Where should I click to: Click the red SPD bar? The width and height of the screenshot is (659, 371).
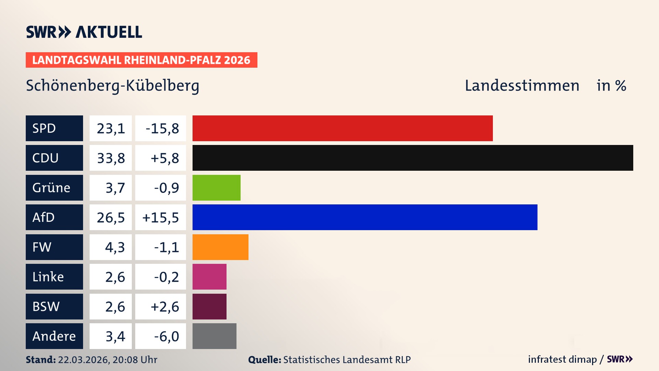click(x=343, y=128)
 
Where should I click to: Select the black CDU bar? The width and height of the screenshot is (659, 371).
click(x=413, y=158)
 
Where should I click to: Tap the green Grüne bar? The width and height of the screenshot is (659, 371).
click(x=216, y=188)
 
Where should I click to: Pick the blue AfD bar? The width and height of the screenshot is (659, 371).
click(x=365, y=217)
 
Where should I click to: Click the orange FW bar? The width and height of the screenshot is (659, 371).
click(x=220, y=247)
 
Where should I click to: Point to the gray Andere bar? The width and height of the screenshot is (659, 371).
click(x=214, y=336)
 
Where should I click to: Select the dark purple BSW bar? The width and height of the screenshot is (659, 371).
click(x=209, y=306)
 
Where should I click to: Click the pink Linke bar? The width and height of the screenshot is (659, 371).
click(x=209, y=277)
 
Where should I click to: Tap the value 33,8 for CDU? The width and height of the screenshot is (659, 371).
click(x=111, y=158)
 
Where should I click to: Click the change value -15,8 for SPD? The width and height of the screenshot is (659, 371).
click(x=162, y=128)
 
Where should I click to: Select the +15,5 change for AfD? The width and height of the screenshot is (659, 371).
click(x=161, y=217)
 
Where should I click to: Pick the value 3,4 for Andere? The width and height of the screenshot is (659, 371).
click(x=115, y=336)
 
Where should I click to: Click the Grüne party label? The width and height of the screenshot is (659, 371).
click(x=51, y=188)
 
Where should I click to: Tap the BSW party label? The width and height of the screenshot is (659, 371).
click(x=46, y=306)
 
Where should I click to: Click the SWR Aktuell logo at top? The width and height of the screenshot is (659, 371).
click(x=84, y=32)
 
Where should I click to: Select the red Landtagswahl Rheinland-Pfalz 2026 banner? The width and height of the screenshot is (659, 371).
click(x=141, y=60)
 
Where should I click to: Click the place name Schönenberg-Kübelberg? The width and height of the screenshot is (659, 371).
click(x=113, y=86)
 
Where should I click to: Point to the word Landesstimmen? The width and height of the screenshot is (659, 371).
click(x=522, y=86)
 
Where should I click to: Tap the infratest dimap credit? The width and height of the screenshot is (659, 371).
click(x=562, y=359)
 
